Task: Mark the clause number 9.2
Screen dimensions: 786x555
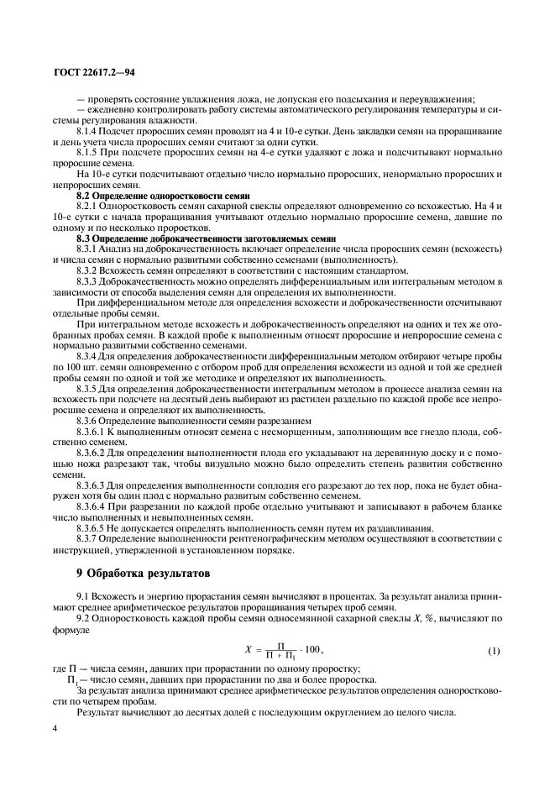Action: (83, 618)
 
